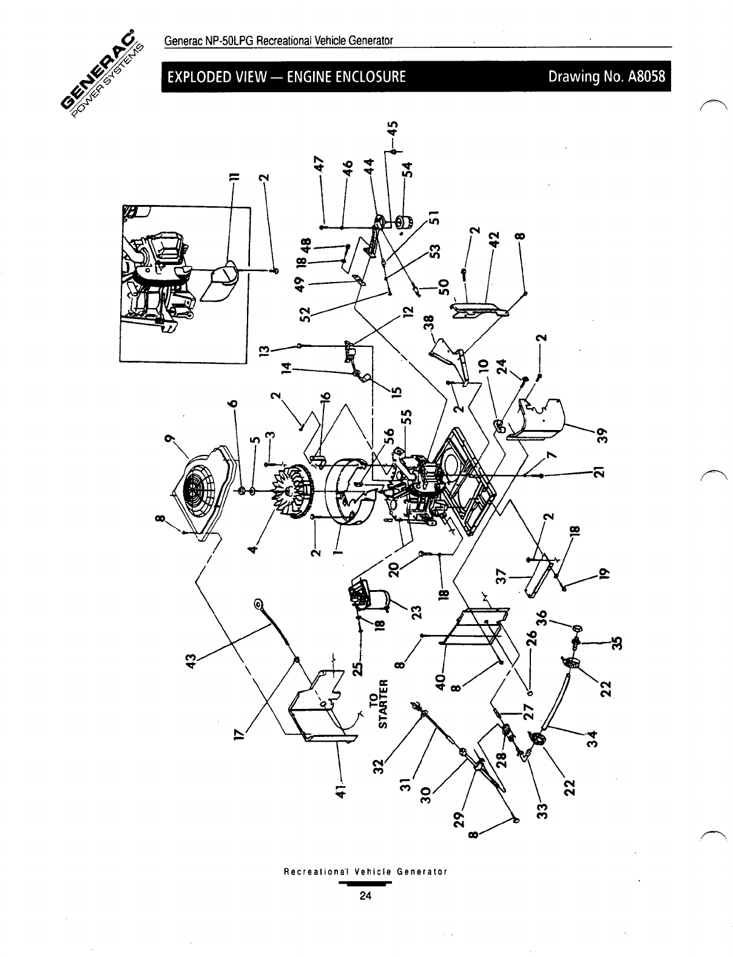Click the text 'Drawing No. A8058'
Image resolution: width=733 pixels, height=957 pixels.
[606, 77]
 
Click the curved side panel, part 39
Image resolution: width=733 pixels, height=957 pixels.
[540, 418]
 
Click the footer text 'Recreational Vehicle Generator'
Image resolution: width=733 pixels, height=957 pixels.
[365, 872]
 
